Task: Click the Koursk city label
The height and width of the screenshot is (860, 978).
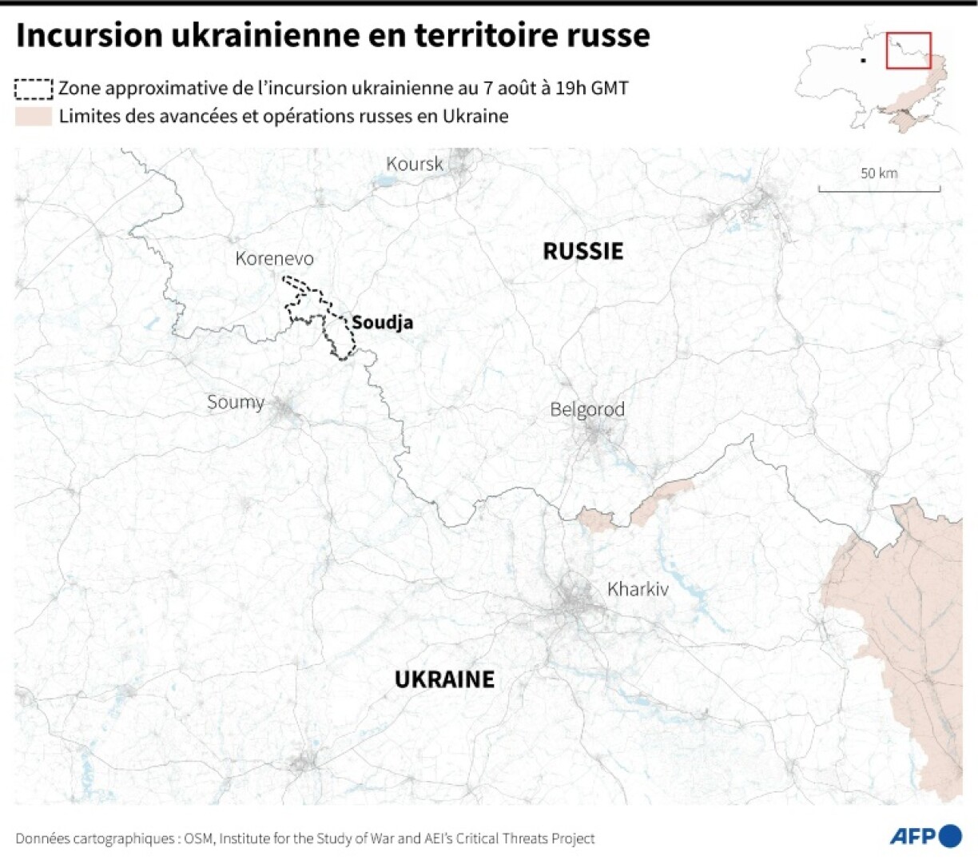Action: point(414,164)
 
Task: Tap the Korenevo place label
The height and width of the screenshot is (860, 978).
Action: point(274,258)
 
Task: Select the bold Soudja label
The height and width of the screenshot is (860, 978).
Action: point(382,322)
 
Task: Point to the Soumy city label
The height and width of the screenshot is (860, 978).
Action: point(235,402)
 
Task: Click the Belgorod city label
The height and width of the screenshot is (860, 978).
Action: point(587,409)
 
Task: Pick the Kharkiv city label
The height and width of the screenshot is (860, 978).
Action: point(638,589)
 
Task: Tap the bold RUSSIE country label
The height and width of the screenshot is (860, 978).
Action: point(582,251)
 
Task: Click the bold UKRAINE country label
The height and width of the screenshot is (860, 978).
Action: point(445,679)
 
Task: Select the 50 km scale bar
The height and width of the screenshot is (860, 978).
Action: point(879,188)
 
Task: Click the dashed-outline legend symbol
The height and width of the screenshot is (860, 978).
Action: point(34,88)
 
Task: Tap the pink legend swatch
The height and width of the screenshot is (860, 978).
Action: point(34,117)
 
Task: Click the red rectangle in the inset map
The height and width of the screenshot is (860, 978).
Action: point(908,50)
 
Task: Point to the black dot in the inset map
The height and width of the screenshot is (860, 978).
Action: point(863,60)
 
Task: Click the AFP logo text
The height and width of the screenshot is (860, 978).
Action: point(912,837)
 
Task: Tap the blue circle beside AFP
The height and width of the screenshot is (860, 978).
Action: point(950,836)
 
